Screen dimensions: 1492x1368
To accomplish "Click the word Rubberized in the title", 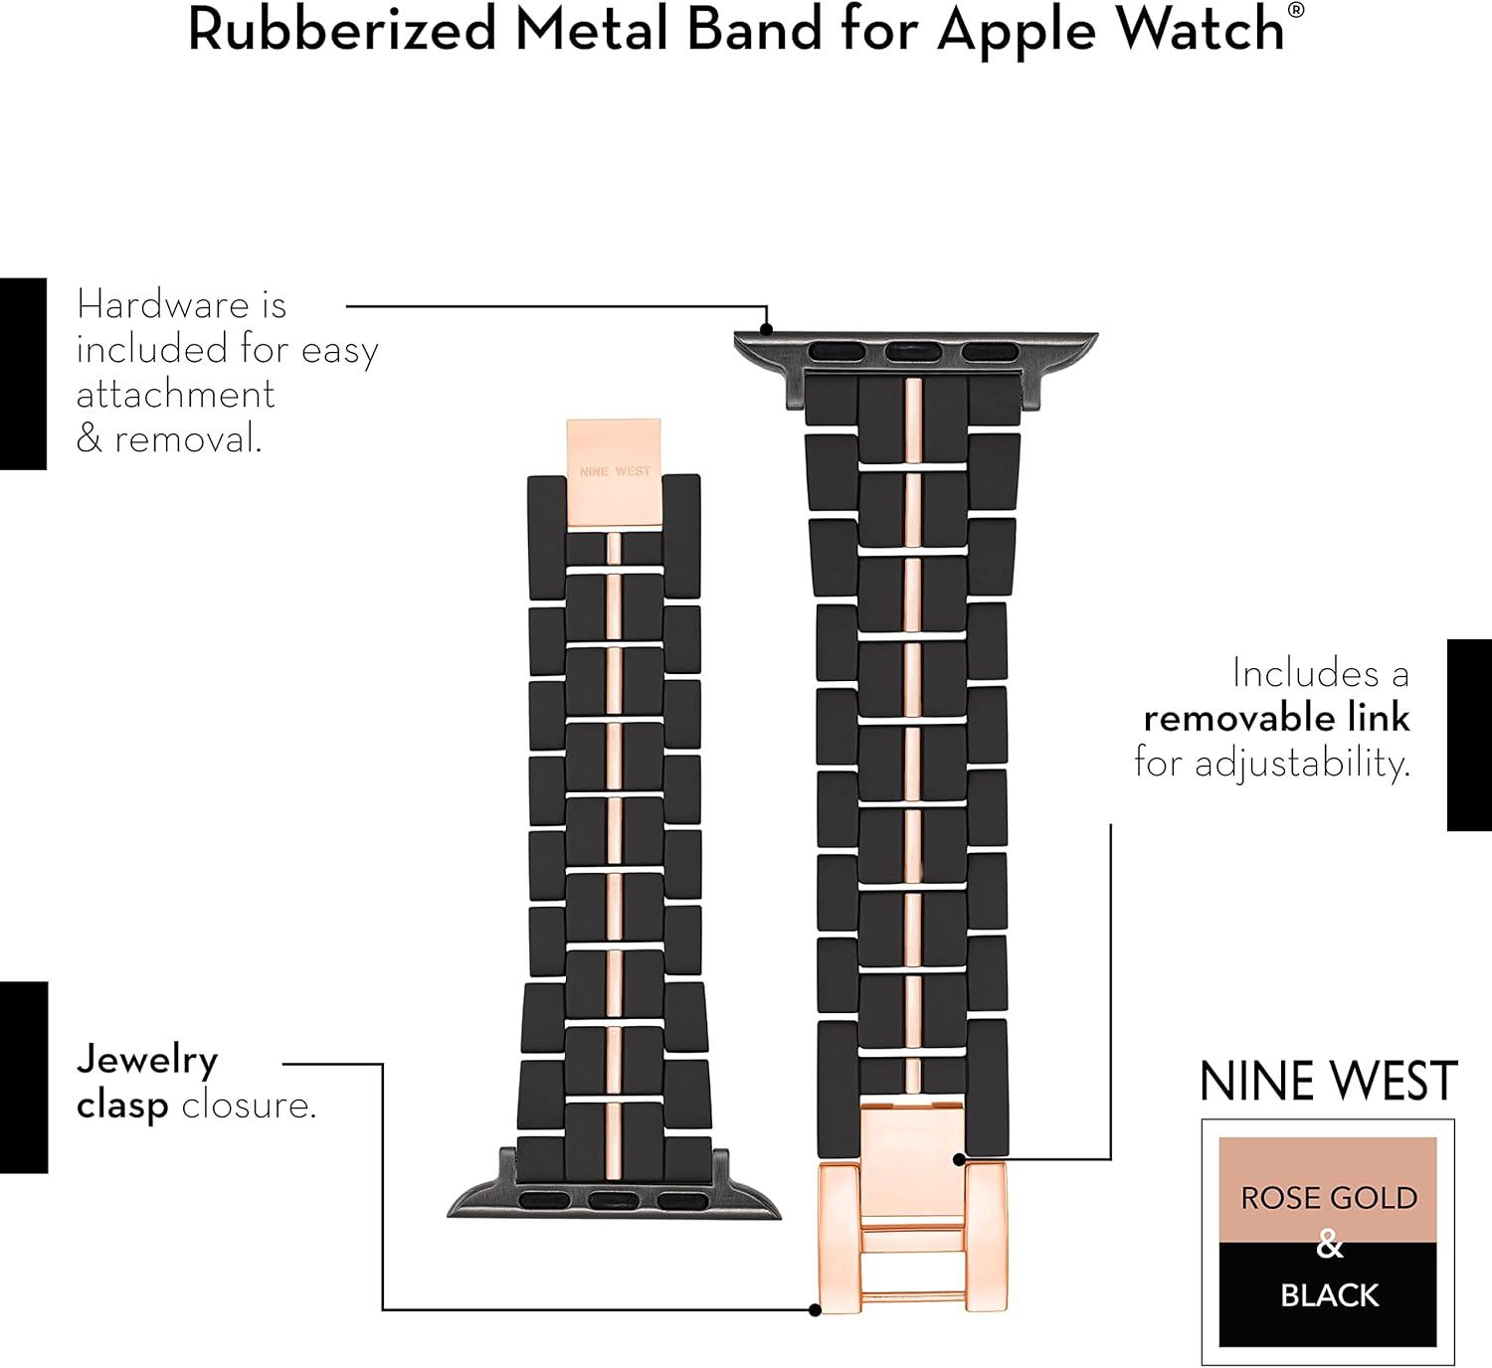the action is click(343, 30).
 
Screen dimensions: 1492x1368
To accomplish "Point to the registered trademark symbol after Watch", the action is click(1295, 10).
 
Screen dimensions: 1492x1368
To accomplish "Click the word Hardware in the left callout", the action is click(163, 304).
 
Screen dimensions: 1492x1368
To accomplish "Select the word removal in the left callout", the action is click(187, 438).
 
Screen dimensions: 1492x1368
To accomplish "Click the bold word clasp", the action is click(122, 1107).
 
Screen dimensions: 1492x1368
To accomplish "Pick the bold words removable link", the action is click(1276, 718).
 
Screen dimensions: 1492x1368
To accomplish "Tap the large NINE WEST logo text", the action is click(1328, 1081).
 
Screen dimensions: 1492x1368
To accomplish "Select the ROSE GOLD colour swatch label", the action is click(1328, 1198).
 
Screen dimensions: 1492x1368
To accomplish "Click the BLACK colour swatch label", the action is click(1329, 1295).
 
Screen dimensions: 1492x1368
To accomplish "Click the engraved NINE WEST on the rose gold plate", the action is click(615, 471).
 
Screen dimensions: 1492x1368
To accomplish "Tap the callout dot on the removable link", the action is click(959, 1159).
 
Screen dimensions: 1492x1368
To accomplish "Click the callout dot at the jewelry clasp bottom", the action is click(816, 1310).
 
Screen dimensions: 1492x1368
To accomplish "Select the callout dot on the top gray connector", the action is click(766, 329).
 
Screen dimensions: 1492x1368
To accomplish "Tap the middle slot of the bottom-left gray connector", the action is click(614, 1200).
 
